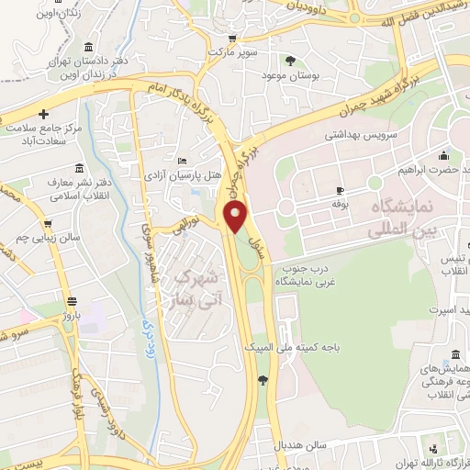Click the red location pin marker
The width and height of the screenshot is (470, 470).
tap(236, 218)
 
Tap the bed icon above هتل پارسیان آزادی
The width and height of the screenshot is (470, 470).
tap(180, 159)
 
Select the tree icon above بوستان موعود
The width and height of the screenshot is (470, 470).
tap(290, 61)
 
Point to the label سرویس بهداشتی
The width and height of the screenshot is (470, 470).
tap(359, 134)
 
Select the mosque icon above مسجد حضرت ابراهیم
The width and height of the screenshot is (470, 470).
tap(444, 154)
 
